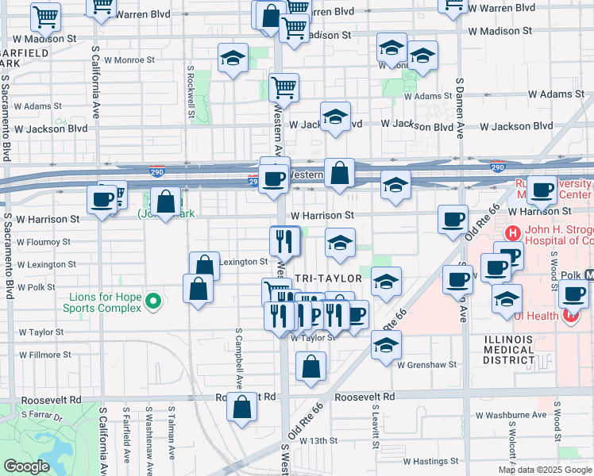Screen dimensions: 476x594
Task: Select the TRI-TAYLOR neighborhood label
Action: (328, 278)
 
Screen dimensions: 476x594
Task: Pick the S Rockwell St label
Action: (191, 90)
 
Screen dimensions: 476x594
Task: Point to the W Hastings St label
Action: (430, 460)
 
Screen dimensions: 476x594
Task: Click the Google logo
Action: (26, 467)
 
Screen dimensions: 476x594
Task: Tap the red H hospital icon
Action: (514, 233)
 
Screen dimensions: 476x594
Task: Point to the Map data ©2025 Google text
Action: (544, 470)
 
